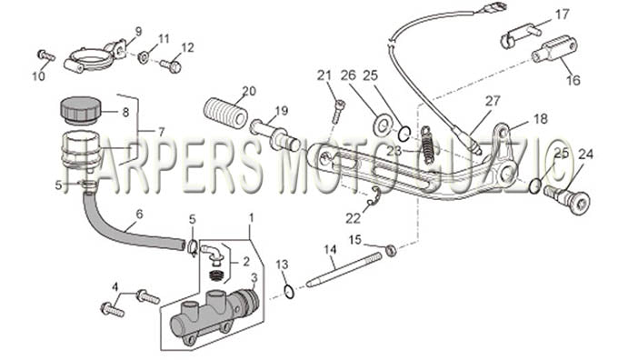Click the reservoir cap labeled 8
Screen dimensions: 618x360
tap(81, 108)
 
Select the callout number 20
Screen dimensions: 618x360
tap(249, 91)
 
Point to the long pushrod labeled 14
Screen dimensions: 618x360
tap(344, 270)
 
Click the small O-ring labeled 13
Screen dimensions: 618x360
tap(289, 292)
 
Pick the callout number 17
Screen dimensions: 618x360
tap(563, 15)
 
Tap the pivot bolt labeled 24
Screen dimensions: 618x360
tap(568, 198)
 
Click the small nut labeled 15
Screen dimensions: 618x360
tap(390, 250)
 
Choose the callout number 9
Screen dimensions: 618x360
tap(138, 31)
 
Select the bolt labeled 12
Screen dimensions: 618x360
tap(171, 65)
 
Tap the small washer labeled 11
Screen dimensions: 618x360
tap(143, 57)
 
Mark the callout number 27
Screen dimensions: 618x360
tap(493, 101)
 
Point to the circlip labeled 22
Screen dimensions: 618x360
tap(374, 197)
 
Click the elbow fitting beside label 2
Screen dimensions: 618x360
tap(212, 254)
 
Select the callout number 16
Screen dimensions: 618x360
tap(573, 80)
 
